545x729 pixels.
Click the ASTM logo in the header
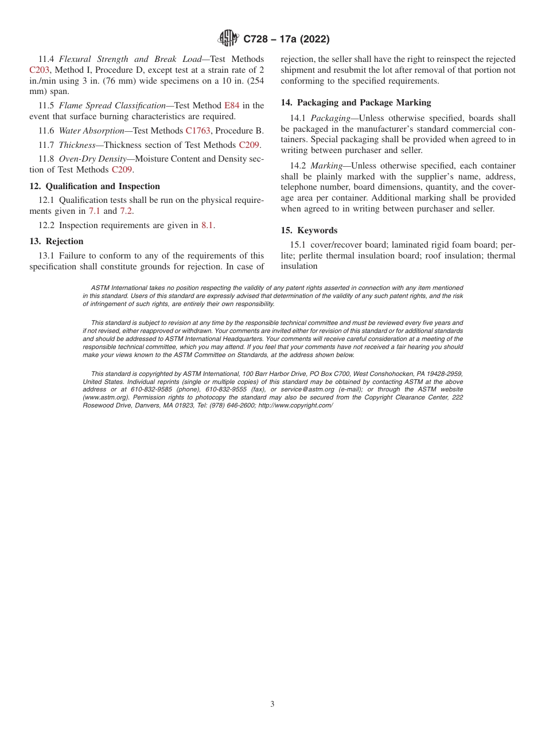coord(228,39)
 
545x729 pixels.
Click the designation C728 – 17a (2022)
coord(286,40)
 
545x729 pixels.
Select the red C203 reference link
coord(40,70)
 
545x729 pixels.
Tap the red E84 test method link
coord(231,105)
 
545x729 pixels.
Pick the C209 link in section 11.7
coord(249,145)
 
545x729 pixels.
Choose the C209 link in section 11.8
coord(122,170)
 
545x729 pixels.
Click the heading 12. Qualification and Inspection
coord(95,186)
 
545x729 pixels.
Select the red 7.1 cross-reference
coord(94,211)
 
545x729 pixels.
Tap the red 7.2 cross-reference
coord(126,211)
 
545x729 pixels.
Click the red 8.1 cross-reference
coord(207,226)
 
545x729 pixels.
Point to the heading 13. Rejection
coord(56,241)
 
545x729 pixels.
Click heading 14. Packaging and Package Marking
coord(356,103)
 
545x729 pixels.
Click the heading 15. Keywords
coord(309,230)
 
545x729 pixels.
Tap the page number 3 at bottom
coord(272,704)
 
